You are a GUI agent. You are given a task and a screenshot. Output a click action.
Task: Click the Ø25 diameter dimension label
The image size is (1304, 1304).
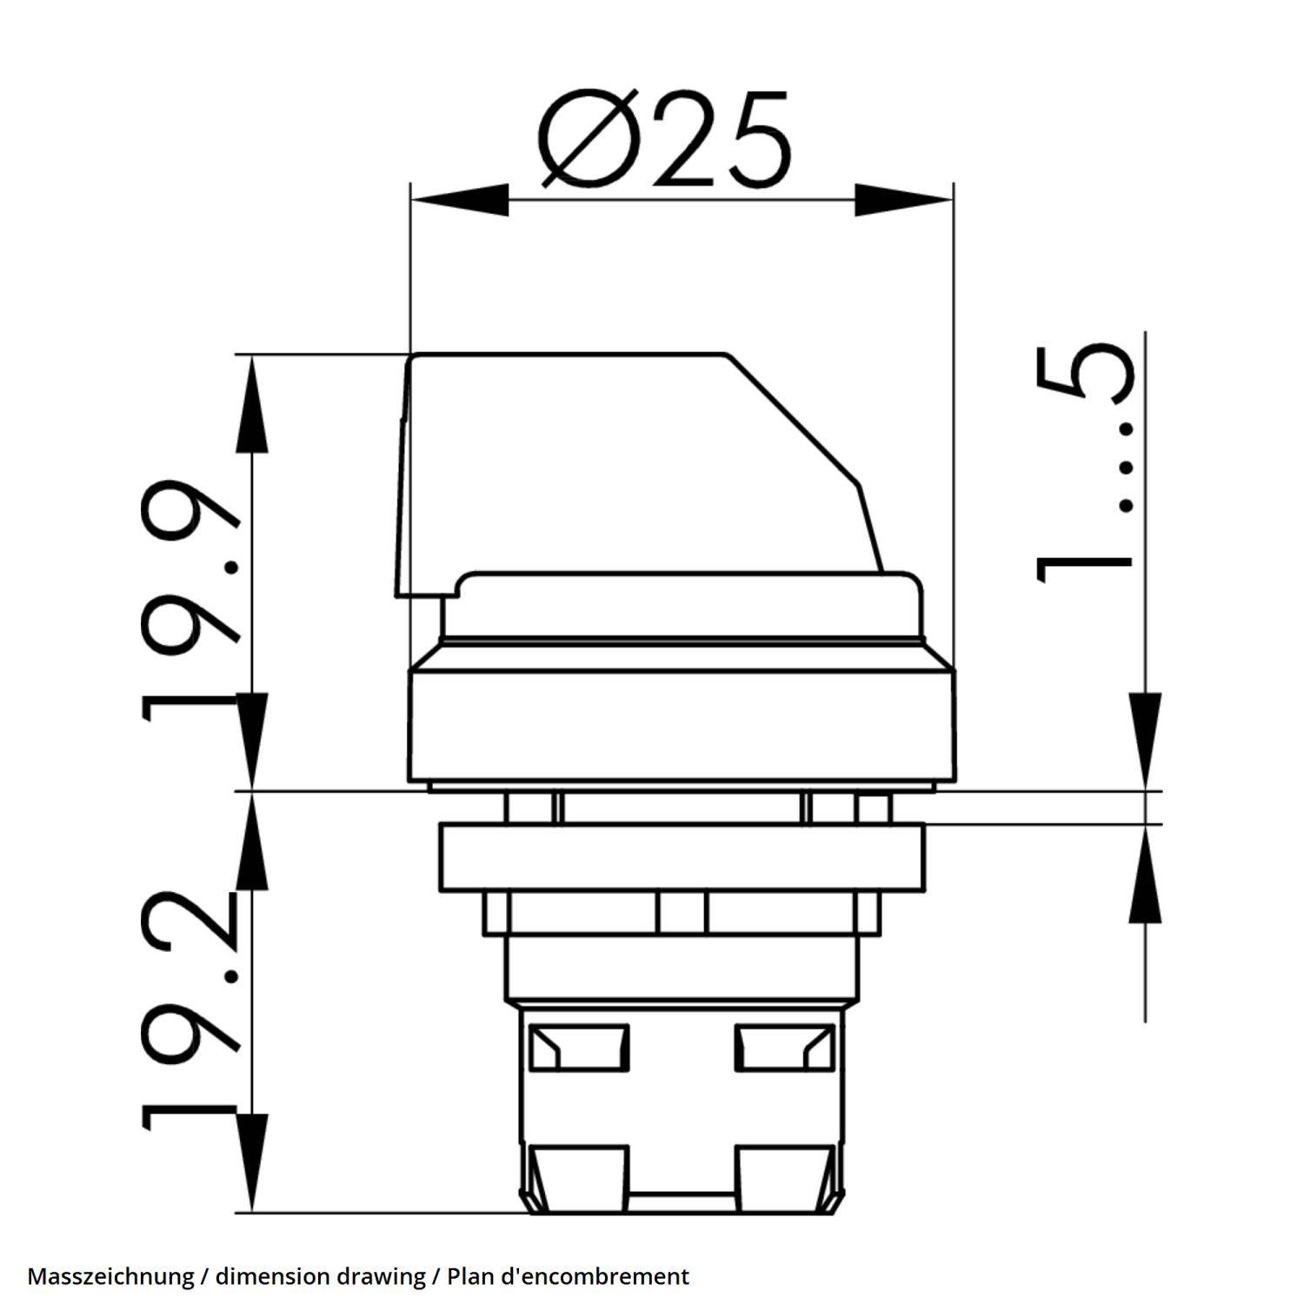click(x=665, y=139)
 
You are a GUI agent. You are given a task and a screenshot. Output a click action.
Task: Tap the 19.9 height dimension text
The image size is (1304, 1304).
click(x=190, y=600)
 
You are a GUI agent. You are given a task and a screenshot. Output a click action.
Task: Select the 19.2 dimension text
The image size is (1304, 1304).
click(x=190, y=1008)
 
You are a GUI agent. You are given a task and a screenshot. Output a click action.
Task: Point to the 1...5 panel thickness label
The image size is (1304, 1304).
click(x=1085, y=461)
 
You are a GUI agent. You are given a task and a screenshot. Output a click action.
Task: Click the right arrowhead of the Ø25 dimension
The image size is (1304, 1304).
click(x=904, y=200)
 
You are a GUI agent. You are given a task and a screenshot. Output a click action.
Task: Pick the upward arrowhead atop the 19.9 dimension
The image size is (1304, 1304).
click(x=251, y=404)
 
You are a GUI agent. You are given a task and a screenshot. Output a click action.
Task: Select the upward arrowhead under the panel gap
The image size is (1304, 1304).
click(x=1146, y=874)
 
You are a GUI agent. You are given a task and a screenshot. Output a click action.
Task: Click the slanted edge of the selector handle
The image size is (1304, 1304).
click(x=791, y=417)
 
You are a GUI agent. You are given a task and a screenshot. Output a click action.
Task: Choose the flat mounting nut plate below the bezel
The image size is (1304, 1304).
click(x=682, y=856)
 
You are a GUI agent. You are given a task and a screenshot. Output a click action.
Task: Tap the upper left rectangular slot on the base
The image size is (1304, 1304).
click(x=578, y=1047)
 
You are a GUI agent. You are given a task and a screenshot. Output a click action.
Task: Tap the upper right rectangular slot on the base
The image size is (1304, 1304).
click(x=785, y=1047)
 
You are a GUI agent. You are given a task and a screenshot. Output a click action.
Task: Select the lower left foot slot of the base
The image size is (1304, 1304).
click(x=578, y=1178)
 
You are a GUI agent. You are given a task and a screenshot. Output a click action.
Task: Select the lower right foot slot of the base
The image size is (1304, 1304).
click(x=785, y=1178)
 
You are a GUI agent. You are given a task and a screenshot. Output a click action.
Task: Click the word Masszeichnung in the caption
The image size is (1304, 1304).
click(x=110, y=1276)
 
